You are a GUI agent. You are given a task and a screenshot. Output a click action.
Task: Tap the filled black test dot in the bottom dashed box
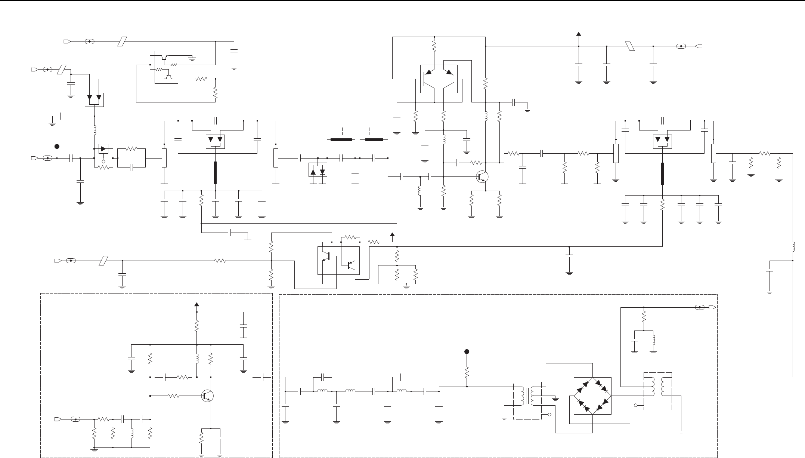coord(467,351)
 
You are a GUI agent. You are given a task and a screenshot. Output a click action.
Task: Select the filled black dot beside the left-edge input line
coord(57,146)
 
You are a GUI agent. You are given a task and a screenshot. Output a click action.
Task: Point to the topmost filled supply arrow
coord(579,34)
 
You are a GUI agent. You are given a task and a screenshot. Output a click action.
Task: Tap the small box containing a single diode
coord(103,148)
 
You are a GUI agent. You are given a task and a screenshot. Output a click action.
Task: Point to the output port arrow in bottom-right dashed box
coord(712,307)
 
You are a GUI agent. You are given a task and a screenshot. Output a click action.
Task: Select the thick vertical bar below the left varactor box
coord(215,173)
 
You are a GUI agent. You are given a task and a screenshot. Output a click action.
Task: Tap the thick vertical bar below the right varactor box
coord(663,174)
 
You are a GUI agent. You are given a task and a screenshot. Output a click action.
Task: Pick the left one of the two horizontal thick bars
coord(341,140)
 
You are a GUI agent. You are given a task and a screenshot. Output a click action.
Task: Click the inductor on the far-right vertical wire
coord(793,247)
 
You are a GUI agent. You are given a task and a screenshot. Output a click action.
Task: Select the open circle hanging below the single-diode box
coord(103,162)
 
